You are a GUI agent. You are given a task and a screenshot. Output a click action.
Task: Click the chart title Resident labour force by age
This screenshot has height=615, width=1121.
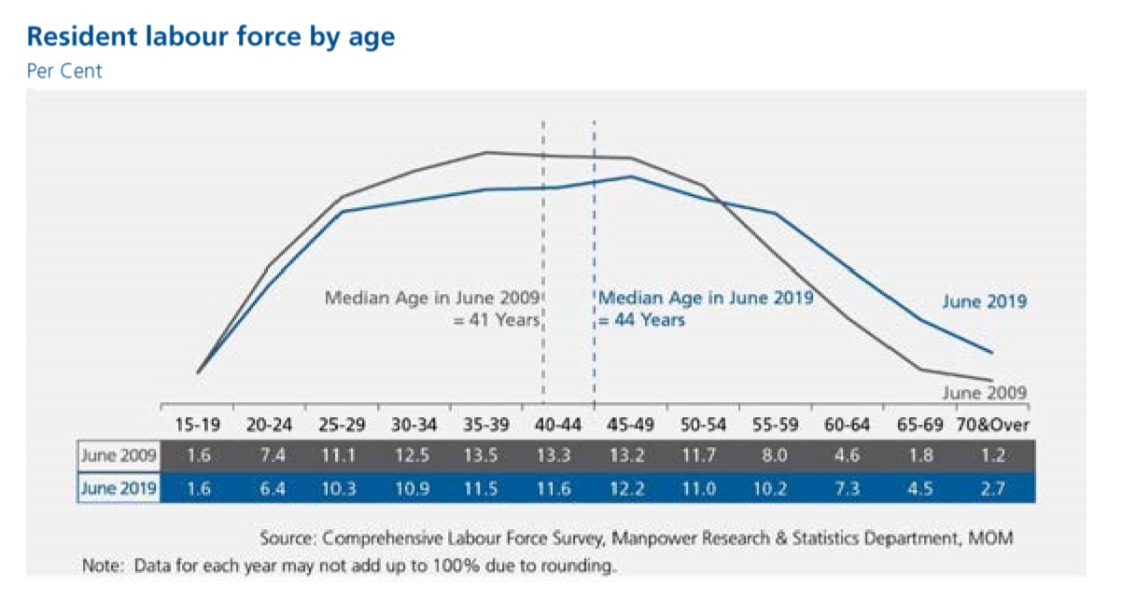[x=211, y=37]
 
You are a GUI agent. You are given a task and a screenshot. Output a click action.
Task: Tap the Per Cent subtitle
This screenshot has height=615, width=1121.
[x=64, y=71]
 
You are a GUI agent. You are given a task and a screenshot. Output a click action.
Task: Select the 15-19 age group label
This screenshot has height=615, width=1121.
[x=198, y=426]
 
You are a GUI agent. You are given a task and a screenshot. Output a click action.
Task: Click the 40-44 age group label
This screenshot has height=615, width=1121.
[x=558, y=426]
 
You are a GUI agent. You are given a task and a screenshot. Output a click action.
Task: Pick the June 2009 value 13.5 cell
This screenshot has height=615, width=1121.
[x=486, y=456]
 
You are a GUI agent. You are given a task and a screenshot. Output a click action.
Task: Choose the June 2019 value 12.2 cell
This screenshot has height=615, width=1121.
[x=631, y=488]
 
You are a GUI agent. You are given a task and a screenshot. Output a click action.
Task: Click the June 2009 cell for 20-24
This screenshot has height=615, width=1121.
[x=270, y=456]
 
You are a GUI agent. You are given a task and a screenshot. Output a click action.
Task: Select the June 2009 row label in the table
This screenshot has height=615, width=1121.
[x=119, y=456]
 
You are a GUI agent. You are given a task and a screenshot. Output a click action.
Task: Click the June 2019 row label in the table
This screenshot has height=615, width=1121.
[x=119, y=488]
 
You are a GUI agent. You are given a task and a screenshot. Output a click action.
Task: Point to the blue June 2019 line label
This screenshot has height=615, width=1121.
[x=984, y=301]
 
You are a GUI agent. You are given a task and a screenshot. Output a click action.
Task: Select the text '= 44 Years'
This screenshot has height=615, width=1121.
[x=641, y=320]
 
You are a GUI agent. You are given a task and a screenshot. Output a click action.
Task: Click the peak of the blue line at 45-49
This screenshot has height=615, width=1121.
[x=631, y=176]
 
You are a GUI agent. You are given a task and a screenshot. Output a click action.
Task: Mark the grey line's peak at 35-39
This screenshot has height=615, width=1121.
[x=486, y=152]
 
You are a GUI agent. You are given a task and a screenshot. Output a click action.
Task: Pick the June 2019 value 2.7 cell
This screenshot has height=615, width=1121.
[x=992, y=488]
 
